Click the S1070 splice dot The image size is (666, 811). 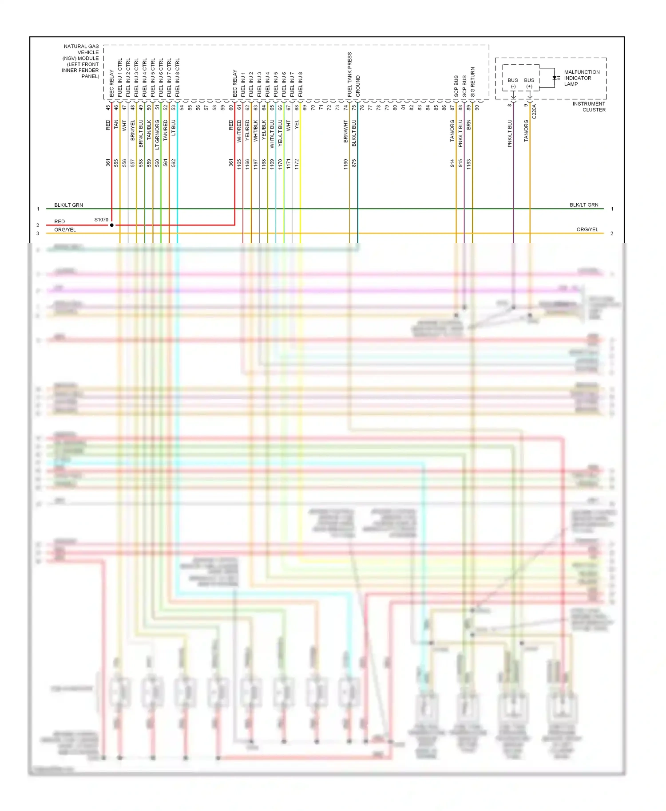pos(112,225)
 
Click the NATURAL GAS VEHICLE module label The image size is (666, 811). pos(81,61)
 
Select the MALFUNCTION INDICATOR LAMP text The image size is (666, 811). pos(581,78)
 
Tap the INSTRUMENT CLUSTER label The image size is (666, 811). pos(589,106)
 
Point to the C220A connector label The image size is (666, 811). pos(534,111)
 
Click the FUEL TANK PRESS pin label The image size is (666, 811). pos(350,75)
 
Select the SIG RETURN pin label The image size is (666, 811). pos(472,82)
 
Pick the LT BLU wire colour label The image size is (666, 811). pos(174,127)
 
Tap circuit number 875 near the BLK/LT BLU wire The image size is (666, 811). pos(354,163)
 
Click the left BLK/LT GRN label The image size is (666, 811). pos(68,205)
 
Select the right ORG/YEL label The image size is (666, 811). pos(587,229)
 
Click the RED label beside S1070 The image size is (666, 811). pos(59,221)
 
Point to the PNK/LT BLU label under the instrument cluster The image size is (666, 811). pos(510,133)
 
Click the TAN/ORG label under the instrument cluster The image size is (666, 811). pos(526,130)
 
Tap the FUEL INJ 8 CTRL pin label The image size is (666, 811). pos(177,77)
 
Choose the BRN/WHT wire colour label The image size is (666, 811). pos(345,131)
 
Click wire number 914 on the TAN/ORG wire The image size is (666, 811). pos(452,163)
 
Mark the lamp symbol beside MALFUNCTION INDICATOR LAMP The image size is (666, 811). pos(556,78)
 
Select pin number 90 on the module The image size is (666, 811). pos(477,107)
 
